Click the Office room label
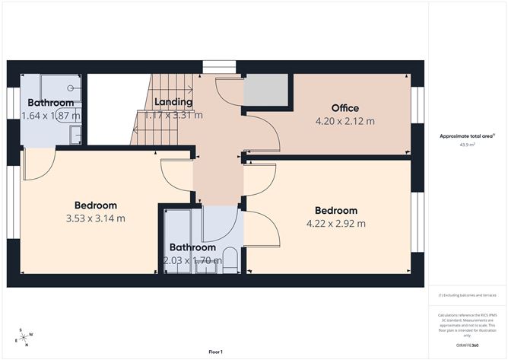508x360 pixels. (344, 108)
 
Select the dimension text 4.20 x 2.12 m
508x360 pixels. (344, 120)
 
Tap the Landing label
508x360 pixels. (173, 102)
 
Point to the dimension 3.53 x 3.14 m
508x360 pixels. (95, 218)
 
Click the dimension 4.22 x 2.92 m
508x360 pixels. (335, 223)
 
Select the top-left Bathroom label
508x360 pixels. (51, 103)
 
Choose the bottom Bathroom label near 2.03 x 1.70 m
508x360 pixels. (192, 247)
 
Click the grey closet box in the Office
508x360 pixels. (265, 90)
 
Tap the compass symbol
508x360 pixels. (24, 336)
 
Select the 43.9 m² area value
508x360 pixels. (466, 145)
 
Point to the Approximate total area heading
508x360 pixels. (466, 135)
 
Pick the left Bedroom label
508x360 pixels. (95, 205)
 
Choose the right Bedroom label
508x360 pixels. (335, 211)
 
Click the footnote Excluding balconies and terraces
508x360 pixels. (466, 295)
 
